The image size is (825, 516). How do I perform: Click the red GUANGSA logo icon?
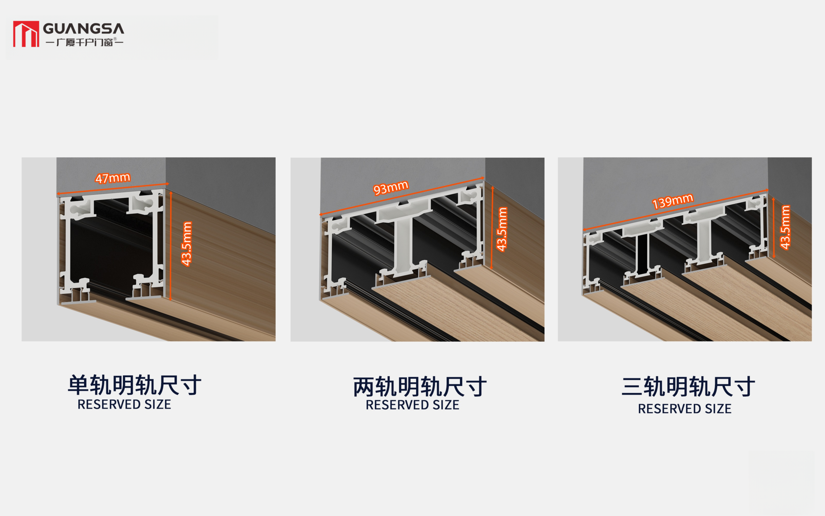click(x=26, y=34)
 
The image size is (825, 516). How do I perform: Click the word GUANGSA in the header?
click(x=84, y=29)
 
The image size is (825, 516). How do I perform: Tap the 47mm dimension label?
click(x=113, y=178)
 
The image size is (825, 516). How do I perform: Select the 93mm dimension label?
click(x=391, y=187)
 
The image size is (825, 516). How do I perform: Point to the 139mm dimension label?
click(x=672, y=201)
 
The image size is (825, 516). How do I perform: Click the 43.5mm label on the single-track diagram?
click(x=186, y=244)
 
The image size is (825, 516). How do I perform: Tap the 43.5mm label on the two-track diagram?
click(x=502, y=229)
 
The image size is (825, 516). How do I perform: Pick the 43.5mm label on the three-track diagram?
click(x=785, y=227)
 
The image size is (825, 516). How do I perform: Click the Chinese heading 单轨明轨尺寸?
click(x=134, y=385)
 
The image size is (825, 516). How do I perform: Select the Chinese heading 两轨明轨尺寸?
click(x=420, y=387)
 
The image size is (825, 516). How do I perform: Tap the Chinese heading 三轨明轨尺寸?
click(x=688, y=387)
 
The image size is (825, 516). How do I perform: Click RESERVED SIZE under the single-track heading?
click(x=124, y=405)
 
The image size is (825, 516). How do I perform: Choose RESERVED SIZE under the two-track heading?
click(x=412, y=405)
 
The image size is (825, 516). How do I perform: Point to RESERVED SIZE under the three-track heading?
click(x=684, y=409)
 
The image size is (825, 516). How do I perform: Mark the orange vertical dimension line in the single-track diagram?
click(x=171, y=246)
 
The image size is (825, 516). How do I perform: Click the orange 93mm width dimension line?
click(x=402, y=196)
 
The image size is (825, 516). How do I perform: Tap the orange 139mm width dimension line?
click(x=675, y=210)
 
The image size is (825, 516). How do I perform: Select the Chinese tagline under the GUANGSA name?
click(x=84, y=42)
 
